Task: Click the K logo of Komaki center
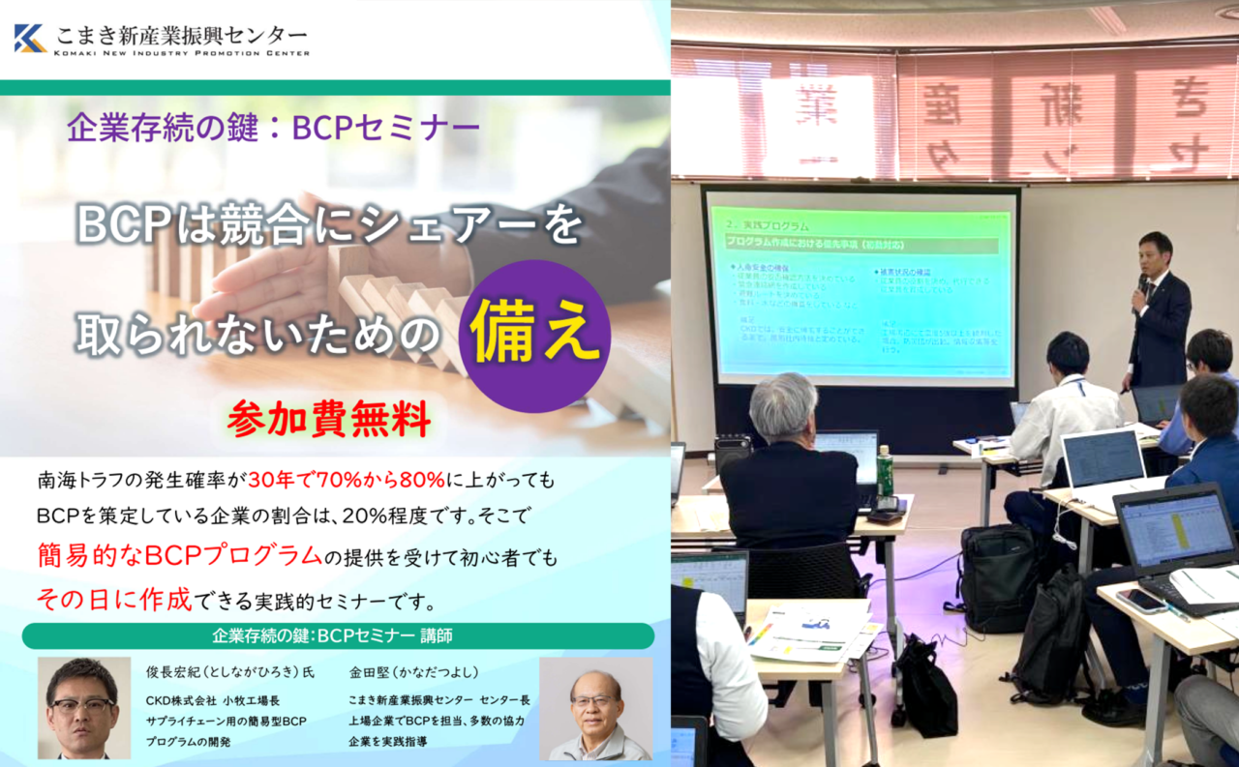30,38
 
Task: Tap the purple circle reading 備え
534,332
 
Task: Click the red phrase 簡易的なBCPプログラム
180,555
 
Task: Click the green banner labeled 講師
338,636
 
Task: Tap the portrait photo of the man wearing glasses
83,709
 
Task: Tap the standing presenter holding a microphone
1157,310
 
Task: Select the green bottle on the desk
884,471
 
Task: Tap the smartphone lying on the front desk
1141,601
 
